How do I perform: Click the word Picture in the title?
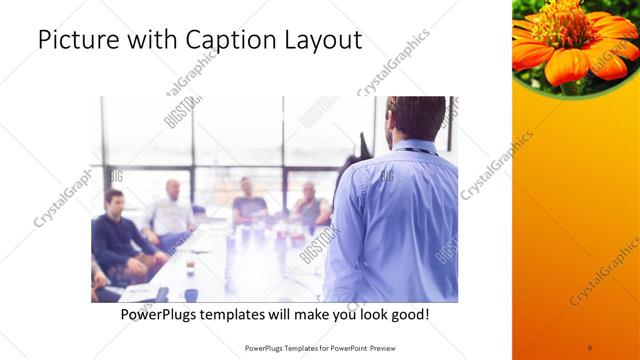(76, 41)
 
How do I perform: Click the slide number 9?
(589, 348)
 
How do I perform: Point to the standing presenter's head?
(415, 119)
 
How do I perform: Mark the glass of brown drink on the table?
(190, 267)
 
